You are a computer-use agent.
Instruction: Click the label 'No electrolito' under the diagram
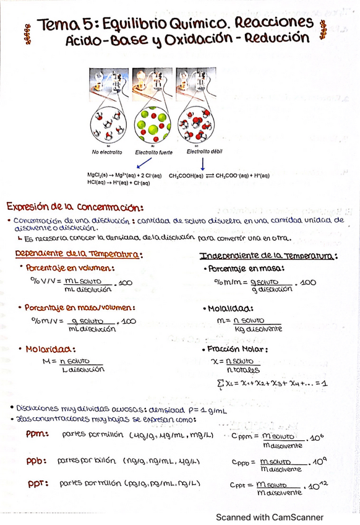click(x=107, y=152)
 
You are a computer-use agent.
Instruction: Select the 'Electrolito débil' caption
click(x=204, y=151)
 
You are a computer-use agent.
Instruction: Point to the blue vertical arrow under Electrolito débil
click(x=204, y=164)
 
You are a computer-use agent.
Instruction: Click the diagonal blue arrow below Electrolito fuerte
click(x=143, y=163)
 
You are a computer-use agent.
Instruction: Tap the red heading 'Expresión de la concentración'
click(x=75, y=207)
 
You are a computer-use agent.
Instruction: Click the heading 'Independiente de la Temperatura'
click(x=268, y=256)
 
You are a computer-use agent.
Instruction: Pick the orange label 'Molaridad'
click(x=48, y=349)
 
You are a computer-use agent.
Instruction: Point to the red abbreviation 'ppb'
click(x=38, y=462)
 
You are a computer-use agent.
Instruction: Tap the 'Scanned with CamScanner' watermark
click(x=268, y=517)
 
